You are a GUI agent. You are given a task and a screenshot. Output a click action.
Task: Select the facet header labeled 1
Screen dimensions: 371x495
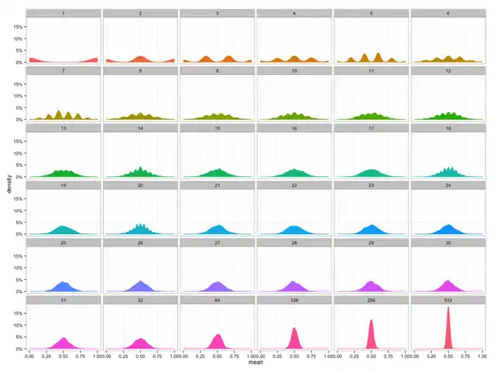[63, 13]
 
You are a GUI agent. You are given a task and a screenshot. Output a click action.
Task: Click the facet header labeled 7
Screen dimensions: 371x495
[63, 70]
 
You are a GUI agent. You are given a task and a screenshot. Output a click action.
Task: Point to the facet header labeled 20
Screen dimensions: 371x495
[140, 185]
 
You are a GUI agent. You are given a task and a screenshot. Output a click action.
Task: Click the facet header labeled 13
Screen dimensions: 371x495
[63, 128]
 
